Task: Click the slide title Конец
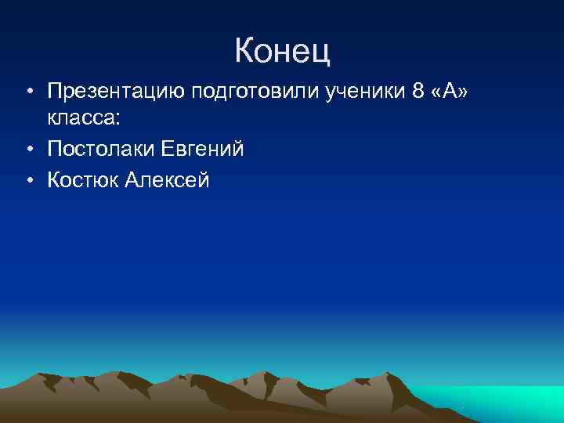tap(282, 51)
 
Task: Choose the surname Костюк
tap(82, 179)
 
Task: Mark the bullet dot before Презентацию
tap(27, 94)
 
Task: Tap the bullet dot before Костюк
tap(27, 180)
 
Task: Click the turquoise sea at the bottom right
tap(509, 403)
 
